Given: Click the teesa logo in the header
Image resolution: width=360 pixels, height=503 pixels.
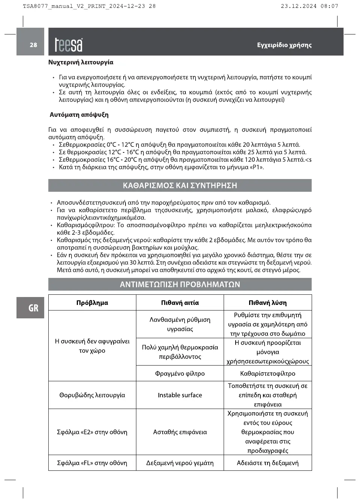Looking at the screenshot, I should pyautogui.click(x=69, y=45).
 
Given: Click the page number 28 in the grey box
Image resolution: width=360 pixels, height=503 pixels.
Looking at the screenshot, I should pyautogui.click(x=33, y=45).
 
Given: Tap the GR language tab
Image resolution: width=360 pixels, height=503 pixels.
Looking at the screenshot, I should pyautogui.click(x=33, y=308).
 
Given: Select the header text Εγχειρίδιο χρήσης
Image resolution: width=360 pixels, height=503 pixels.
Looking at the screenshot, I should pyautogui.click(x=284, y=45).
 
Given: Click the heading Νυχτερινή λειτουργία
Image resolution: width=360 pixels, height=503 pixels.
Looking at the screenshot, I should pyautogui.click(x=81, y=63).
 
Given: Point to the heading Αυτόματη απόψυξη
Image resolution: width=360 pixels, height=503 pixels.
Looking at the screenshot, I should pyautogui.click(x=79, y=115).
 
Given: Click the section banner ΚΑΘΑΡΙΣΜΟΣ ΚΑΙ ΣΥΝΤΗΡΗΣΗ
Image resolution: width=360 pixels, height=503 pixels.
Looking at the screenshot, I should pyautogui.click(x=180, y=185).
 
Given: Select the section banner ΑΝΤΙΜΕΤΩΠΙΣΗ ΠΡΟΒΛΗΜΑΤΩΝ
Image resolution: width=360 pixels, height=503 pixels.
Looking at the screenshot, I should pyautogui.click(x=180, y=285).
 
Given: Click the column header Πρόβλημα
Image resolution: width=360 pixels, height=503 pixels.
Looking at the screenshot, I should pyautogui.click(x=92, y=303).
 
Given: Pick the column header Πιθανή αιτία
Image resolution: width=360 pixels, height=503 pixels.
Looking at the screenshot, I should pyautogui.click(x=180, y=303).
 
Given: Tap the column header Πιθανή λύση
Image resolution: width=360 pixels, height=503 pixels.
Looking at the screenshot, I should pyautogui.click(x=267, y=303).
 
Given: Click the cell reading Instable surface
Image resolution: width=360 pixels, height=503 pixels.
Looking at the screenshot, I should pyautogui.click(x=180, y=395).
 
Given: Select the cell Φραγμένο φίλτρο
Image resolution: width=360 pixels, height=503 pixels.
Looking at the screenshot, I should pyautogui.click(x=180, y=373).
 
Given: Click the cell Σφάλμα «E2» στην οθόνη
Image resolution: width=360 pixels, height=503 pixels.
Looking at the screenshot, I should pyautogui.click(x=92, y=432).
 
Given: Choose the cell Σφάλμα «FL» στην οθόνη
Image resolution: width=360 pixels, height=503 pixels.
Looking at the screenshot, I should pyautogui.click(x=92, y=463).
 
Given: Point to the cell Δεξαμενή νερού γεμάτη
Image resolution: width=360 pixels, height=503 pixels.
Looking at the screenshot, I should pyautogui.click(x=180, y=463).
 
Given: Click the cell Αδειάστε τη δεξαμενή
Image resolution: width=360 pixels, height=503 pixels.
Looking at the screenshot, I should pyautogui.click(x=267, y=463).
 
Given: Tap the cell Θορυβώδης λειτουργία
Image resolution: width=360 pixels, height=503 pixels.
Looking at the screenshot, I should pyautogui.click(x=92, y=395).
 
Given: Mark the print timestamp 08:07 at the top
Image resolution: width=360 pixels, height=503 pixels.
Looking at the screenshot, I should pyautogui.click(x=329, y=6).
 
